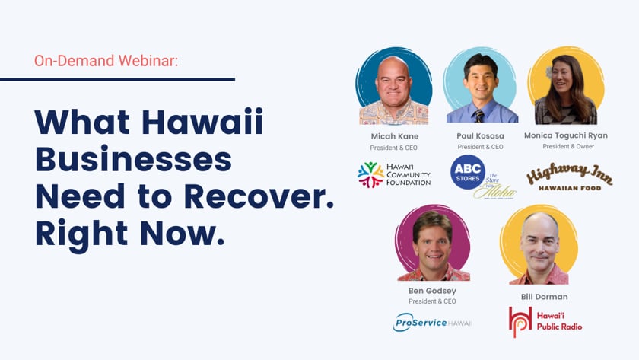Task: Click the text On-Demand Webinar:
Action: click(106, 61)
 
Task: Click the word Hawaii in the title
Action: click(202, 122)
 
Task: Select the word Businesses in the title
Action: click(133, 158)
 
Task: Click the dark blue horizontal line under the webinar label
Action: click(117, 79)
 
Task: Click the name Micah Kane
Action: click(395, 136)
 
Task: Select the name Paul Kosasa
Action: click(480, 135)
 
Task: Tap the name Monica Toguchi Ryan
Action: click(566, 135)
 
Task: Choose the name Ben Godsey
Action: click(432, 291)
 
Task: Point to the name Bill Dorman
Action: click(544, 297)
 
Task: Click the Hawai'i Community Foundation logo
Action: click(394, 175)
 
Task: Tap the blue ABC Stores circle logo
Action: click(467, 172)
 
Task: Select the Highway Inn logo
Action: click(569, 177)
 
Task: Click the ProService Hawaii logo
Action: click(432, 323)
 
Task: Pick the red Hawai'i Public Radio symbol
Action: click(520, 322)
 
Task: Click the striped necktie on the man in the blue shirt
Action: click(478, 116)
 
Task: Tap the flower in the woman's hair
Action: click(550, 72)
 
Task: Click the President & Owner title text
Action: click(568, 146)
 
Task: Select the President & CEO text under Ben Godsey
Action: click(432, 301)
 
